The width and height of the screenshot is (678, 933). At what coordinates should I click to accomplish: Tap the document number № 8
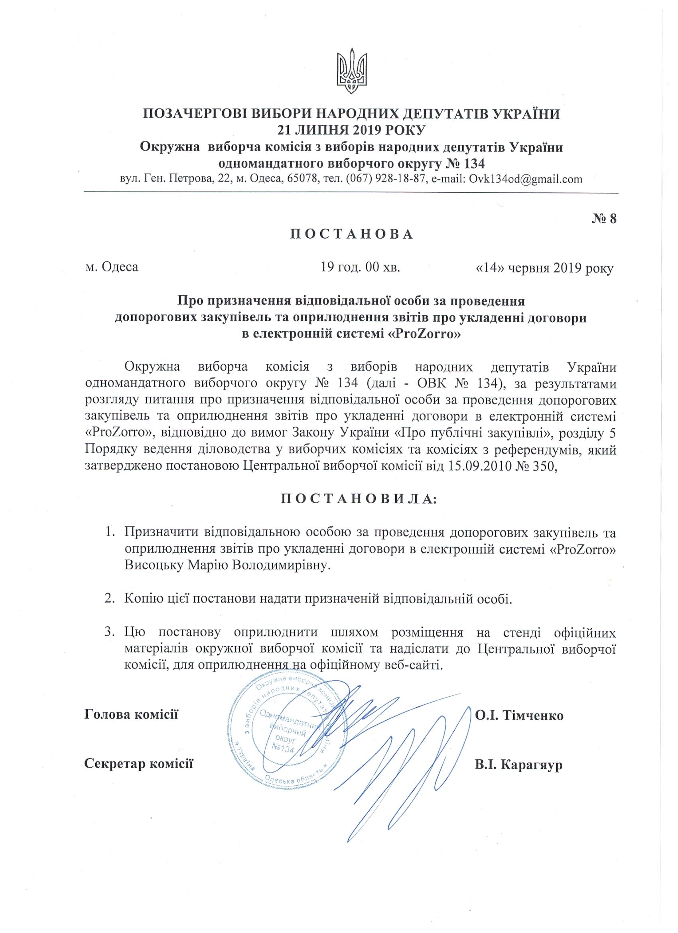click(x=604, y=219)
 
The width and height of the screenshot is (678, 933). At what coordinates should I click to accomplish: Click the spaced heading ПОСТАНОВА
click(x=351, y=235)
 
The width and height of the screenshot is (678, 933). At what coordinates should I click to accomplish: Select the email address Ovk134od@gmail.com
click(x=523, y=179)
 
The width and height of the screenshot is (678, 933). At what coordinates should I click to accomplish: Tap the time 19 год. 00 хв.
click(x=361, y=268)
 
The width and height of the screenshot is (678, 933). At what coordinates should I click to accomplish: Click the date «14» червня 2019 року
click(x=544, y=268)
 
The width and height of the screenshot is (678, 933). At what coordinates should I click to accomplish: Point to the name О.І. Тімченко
click(x=519, y=716)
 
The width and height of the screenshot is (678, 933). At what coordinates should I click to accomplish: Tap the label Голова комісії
click(x=131, y=714)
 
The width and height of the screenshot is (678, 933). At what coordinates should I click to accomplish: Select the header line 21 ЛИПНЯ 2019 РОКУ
click(x=351, y=130)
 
